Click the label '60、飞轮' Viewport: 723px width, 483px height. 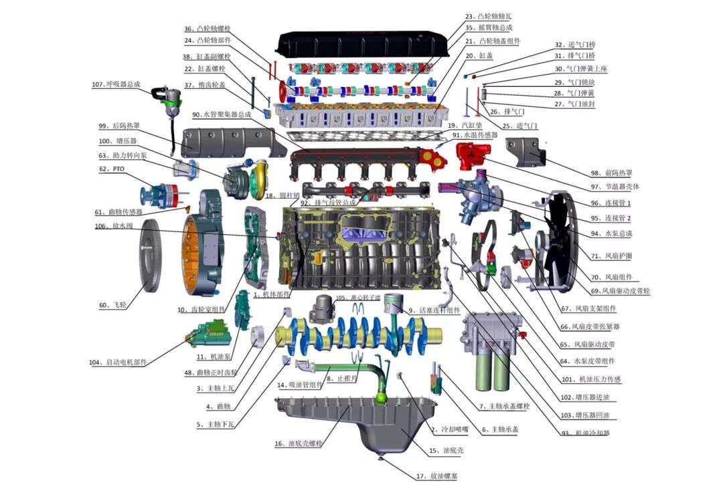tap(113, 305)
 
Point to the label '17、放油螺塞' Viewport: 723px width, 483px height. tap(436, 476)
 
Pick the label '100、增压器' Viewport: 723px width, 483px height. tap(118, 141)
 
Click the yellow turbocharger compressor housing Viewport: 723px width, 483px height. tap(256, 179)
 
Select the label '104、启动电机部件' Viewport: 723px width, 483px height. tap(117, 363)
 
